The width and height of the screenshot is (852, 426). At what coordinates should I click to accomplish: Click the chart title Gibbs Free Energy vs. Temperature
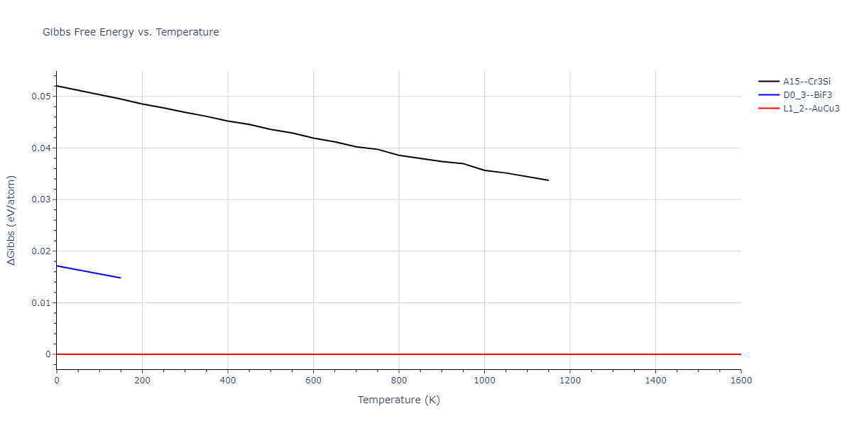[131, 32]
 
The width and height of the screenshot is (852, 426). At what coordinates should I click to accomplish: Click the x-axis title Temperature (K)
[398, 400]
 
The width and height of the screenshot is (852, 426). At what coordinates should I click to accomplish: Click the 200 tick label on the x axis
[142, 381]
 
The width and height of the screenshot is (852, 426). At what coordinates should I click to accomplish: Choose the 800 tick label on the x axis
[398, 381]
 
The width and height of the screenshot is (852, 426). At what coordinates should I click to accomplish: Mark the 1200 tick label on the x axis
[569, 381]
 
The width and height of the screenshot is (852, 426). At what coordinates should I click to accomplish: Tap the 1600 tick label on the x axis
[741, 381]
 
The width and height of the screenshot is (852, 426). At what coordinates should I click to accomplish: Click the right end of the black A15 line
[548, 180]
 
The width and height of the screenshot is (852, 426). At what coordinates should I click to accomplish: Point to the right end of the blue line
[121, 278]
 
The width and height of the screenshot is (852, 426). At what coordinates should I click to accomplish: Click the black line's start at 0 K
[57, 86]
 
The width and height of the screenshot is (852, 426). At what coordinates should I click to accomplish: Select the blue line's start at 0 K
[57, 266]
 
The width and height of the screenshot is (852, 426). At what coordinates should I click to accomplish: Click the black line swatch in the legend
[769, 82]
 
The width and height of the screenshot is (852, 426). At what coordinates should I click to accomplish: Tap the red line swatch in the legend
[769, 109]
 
